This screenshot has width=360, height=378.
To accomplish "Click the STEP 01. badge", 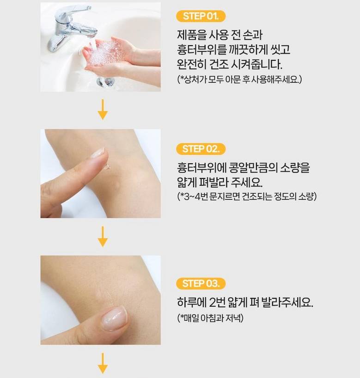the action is (x=201, y=16).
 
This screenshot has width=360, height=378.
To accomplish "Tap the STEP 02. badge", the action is (x=201, y=149).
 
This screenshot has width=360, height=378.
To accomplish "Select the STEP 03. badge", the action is (x=201, y=284).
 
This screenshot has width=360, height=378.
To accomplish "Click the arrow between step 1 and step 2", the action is (x=103, y=110).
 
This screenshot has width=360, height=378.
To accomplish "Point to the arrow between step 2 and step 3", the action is (x=103, y=237).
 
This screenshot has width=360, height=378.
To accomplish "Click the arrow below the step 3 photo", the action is (x=103, y=364).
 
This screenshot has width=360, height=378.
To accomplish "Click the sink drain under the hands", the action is (x=105, y=81).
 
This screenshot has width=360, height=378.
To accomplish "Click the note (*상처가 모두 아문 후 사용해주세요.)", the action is (x=239, y=79).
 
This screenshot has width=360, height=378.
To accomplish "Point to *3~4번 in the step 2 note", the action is (x=192, y=196).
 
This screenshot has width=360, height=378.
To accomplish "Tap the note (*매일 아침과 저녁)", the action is (x=210, y=318).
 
